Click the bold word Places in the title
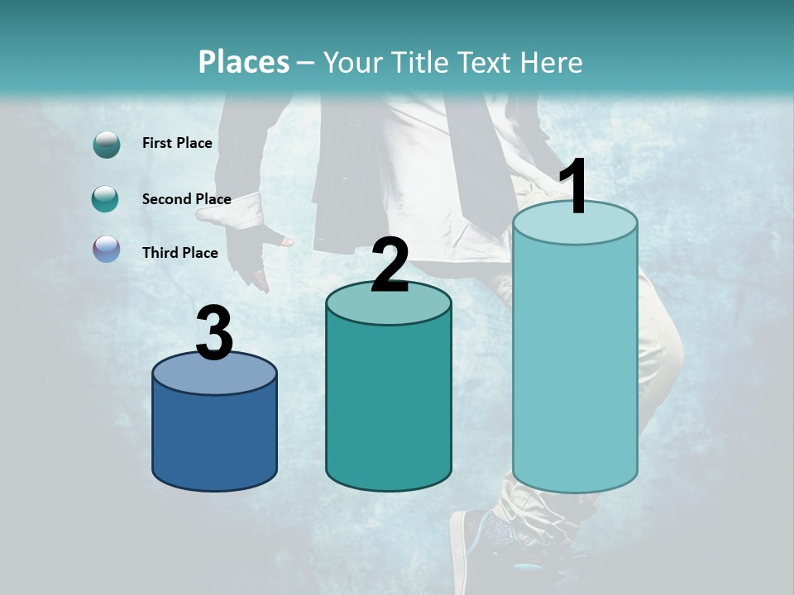(x=244, y=62)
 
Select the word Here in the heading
(x=552, y=62)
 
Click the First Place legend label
(x=177, y=143)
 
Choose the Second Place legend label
(x=186, y=199)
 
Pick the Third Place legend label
(x=180, y=253)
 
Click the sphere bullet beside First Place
(x=107, y=145)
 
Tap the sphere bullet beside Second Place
(x=106, y=199)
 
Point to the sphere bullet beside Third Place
(x=107, y=250)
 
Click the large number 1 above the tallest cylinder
(x=574, y=187)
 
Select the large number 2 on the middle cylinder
(x=390, y=264)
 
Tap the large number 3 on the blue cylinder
(x=214, y=333)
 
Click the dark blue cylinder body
(x=214, y=438)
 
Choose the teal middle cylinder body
(x=389, y=405)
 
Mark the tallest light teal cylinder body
(x=575, y=372)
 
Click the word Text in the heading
(x=489, y=62)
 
